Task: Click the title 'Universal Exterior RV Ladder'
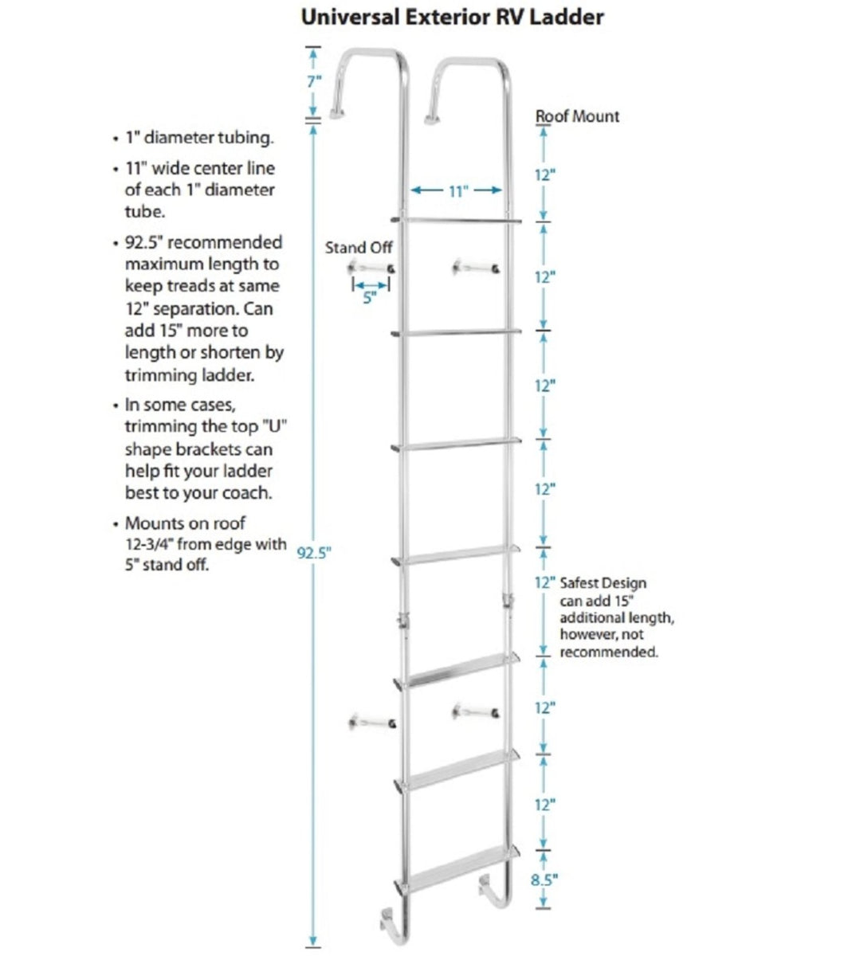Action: coord(453,17)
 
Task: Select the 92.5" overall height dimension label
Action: coord(313,553)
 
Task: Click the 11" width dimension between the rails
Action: coord(456,190)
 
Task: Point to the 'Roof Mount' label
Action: coord(576,116)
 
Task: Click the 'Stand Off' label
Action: coord(359,248)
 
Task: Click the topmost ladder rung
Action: coord(457,219)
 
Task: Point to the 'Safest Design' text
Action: coord(603,583)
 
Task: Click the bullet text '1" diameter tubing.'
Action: coord(199,138)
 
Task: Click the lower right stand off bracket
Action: coord(475,711)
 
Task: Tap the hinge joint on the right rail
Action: coord(506,600)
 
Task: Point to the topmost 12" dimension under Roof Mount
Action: coord(544,175)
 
